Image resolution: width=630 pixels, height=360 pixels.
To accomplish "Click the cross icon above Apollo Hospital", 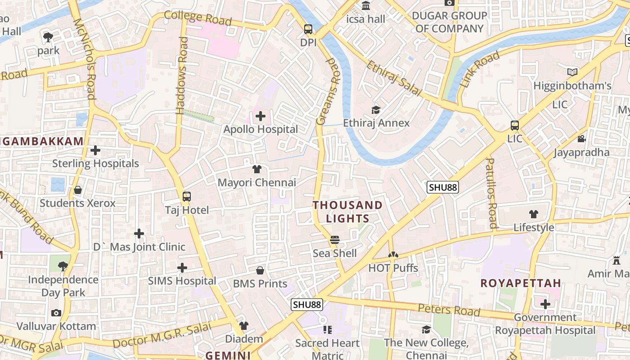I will click(261, 117).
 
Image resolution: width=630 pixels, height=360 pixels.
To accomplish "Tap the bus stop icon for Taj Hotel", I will click(187, 197).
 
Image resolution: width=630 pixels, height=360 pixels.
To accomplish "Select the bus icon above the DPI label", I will click(308, 29).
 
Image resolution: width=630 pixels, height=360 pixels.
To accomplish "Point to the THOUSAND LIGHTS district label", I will click(347, 212).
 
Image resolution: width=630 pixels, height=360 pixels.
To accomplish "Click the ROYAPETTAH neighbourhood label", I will click(521, 283).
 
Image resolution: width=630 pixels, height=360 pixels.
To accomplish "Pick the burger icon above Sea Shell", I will click(334, 240).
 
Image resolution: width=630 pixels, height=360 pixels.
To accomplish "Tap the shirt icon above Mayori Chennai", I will click(257, 169).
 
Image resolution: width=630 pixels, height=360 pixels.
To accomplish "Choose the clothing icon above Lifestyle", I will click(534, 214).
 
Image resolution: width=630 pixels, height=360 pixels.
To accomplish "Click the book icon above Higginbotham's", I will click(572, 72).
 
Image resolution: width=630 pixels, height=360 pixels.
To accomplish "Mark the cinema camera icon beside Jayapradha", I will click(581, 139).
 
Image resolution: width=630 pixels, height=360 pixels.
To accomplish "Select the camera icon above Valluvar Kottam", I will click(56, 313).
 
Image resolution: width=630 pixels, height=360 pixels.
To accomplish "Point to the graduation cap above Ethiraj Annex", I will click(376, 110).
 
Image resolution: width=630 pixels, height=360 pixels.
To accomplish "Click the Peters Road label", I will click(449, 310).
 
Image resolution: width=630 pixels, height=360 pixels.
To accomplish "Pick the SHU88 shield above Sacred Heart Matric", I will click(307, 305).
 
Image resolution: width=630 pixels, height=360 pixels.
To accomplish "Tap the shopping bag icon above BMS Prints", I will click(260, 270).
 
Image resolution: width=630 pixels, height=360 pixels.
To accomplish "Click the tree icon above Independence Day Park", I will click(63, 266).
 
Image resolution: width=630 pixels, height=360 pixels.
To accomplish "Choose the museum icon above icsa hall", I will click(366, 6).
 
